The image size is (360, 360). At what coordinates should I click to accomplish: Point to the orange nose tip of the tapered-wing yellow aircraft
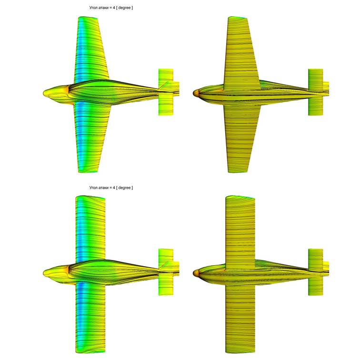tap(196, 92)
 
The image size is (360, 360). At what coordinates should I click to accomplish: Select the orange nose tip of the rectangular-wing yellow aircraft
tap(196, 272)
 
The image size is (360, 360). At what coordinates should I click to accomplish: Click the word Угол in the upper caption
tap(93, 8)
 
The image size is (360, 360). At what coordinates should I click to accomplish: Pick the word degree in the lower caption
tap(124, 188)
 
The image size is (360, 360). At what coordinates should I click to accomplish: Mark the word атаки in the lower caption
tap(103, 188)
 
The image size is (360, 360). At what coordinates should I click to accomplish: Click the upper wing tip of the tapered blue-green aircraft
tap(88, 18)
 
